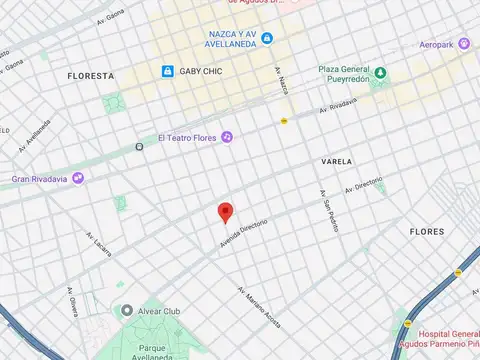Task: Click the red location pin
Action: (x=226, y=212)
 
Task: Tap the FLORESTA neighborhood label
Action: (x=91, y=76)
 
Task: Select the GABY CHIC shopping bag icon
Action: (x=168, y=71)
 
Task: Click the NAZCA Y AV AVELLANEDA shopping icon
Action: (x=268, y=39)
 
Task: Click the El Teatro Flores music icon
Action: (x=227, y=136)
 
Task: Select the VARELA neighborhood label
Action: (x=336, y=160)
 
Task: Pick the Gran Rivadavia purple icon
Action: (x=78, y=178)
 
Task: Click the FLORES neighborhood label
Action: (x=427, y=231)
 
